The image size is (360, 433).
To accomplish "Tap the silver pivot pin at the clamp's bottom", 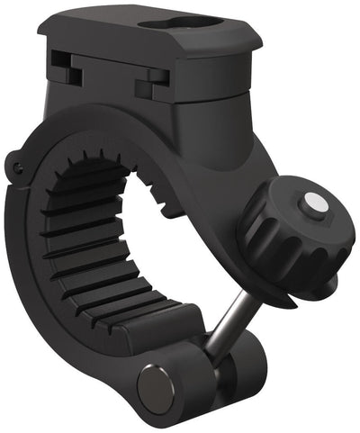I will (x=155, y=384).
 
